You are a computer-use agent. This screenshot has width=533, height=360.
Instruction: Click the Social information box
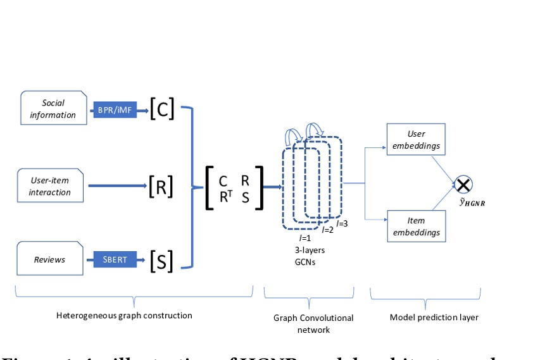click(x=54, y=109)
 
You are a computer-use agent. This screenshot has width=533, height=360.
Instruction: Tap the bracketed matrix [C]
click(x=162, y=109)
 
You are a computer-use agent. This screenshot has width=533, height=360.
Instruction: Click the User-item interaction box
click(x=50, y=186)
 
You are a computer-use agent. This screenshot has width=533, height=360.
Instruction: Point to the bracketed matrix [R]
click(x=161, y=187)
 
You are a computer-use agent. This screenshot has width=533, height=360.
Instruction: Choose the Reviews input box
click(x=50, y=259)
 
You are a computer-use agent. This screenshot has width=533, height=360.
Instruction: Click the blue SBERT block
click(x=115, y=259)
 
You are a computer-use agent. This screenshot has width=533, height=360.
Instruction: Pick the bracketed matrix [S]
click(x=161, y=261)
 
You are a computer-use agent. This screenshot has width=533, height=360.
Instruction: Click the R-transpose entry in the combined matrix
click(x=225, y=197)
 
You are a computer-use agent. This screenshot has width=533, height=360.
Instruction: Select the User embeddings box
click(x=416, y=140)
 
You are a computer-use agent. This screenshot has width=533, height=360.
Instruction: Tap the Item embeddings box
click(x=416, y=227)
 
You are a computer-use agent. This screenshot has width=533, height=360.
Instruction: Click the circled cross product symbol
click(x=463, y=185)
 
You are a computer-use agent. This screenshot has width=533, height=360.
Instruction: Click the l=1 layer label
click(x=304, y=239)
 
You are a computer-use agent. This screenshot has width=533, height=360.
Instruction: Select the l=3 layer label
click(x=342, y=223)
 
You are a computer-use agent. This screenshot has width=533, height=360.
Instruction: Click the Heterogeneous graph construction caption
click(x=124, y=315)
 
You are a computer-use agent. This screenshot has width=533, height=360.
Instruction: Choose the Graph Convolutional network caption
click(x=313, y=323)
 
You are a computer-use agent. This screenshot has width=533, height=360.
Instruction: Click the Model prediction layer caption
click(x=434, y=317)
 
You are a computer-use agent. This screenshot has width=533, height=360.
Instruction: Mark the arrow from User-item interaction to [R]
click(x=117, y=186)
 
